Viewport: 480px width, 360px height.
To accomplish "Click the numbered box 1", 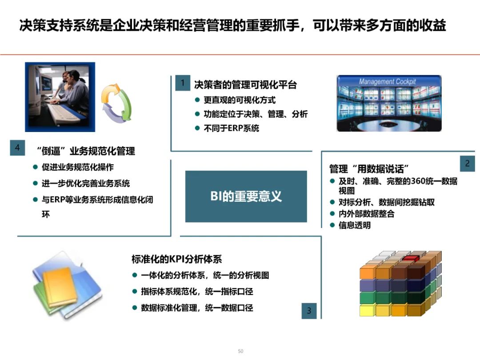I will click(182, 83).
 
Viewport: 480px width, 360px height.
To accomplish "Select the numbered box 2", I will click(467, 164).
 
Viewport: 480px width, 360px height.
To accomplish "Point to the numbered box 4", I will click(17, 148).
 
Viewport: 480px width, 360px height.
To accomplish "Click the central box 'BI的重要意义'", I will click(246, 196).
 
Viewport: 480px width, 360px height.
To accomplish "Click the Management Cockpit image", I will click(389, 104).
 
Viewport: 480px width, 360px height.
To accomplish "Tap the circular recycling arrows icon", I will click(116, 103).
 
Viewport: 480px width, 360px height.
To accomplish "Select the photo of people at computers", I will click(60, 97).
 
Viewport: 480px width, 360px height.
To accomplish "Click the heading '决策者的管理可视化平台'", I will click(245, 84).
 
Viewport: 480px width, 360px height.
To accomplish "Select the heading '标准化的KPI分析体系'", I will click(176, 259).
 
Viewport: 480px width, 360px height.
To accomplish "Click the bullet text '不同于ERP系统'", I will click(231, 128).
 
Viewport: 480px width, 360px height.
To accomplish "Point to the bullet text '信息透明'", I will click(355, 225).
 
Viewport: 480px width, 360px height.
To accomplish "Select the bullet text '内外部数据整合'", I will click(367, 214).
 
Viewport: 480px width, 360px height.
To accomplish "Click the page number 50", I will click(240, 351).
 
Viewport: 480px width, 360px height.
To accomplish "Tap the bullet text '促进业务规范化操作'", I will click(78, 168).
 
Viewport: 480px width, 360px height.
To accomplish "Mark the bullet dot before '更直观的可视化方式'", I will click(197, 100).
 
